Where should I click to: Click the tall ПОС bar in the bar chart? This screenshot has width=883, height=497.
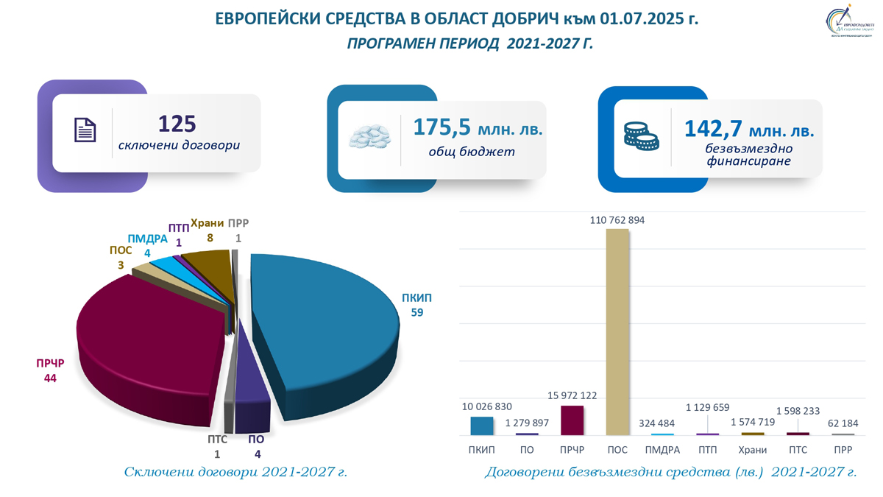(x=617, y=331)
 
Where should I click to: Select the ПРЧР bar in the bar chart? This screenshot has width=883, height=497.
(x=572, y=420)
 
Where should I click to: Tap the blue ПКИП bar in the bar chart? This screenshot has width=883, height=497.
(x=481, y=426)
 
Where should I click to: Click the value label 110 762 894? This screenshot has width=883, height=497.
(x=617, y=219)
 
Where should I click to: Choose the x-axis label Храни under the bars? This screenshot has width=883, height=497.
(x=753, y=450)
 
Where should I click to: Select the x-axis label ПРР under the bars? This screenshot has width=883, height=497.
(x=843, y=450)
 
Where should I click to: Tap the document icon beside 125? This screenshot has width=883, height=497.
(x=85, y=130)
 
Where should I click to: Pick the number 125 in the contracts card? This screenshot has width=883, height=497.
(x=177, y=124)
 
